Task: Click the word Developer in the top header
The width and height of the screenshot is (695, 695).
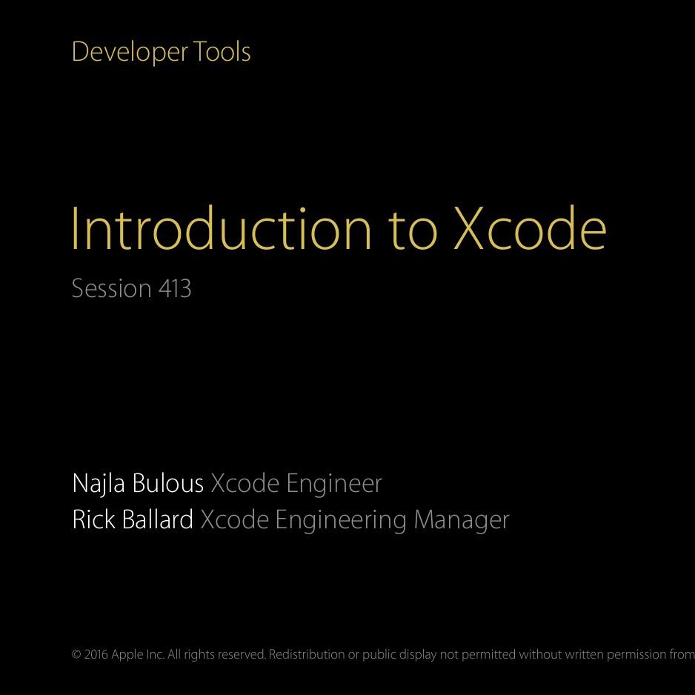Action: click(130, 53)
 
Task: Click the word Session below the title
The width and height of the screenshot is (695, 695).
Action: click(111, 288)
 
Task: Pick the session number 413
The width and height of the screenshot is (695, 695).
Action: click(175, 288)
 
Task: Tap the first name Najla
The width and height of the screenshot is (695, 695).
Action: click(99, 484)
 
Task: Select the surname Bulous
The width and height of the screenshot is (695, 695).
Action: click(167, 483)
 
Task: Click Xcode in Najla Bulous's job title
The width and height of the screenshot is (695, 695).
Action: click(245, 483)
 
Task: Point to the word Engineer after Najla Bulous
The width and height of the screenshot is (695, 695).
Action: click(334, 484)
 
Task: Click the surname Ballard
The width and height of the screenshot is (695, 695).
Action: click(158, 519)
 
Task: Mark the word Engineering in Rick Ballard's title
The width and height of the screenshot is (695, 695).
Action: click(341, 520)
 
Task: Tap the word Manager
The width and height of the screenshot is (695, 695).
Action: click(462, 520)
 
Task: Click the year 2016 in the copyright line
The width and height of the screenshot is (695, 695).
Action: click(96, 654)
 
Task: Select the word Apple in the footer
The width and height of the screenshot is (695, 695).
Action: click(127, 654)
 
